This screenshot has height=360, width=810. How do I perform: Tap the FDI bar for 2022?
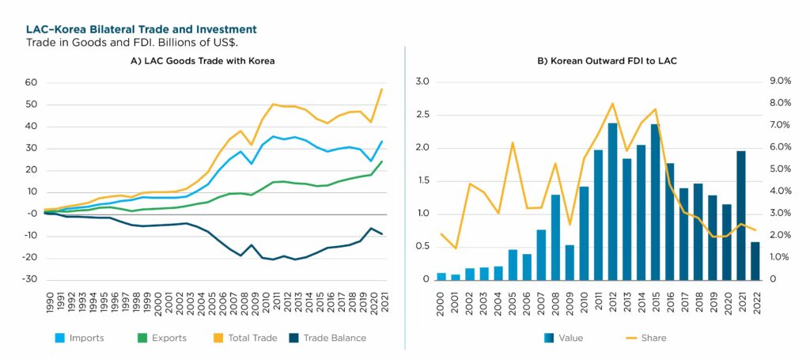point(755,260)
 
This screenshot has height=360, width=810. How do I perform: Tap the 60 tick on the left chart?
point(32,82)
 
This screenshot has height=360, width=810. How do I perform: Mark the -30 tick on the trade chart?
point(30,279)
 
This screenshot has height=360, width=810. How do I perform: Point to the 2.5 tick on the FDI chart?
point(422,115)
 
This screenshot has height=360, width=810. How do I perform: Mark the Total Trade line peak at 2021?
point(381,89)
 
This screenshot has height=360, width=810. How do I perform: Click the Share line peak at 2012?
point(612,104)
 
